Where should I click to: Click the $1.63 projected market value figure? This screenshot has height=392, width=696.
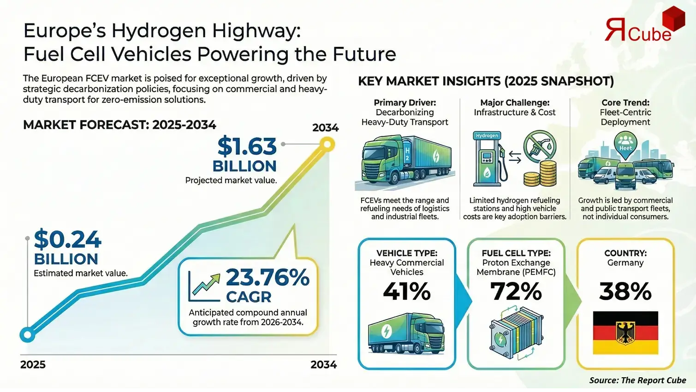[247, 146]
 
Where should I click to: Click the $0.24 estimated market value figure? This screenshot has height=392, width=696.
[67, 240]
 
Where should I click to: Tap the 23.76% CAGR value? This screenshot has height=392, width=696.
[267, 277]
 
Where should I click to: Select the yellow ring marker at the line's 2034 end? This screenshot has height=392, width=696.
[327, 145]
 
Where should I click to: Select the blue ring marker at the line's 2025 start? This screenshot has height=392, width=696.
[28, 334]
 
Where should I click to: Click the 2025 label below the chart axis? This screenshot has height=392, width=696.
[33, 364]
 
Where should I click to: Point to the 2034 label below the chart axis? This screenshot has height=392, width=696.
[323, 364]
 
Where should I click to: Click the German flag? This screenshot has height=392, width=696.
[625, 333]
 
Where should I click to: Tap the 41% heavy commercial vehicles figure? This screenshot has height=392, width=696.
[406, 292]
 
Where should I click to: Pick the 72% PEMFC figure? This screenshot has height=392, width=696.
[516, 292]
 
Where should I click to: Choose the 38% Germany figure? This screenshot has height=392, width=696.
[625, 292]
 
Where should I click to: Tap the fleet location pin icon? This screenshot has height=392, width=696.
[625, 145]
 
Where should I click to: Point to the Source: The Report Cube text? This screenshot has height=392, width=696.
[637, 380]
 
